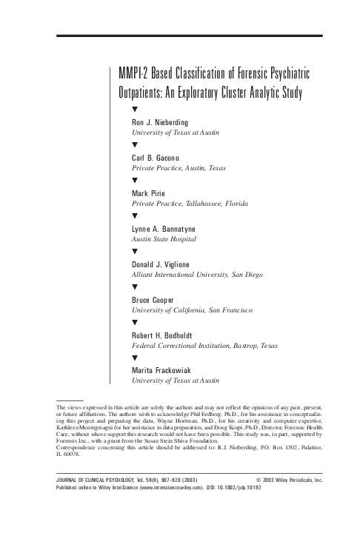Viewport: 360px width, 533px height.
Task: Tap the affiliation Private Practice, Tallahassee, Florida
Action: [190, 203]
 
